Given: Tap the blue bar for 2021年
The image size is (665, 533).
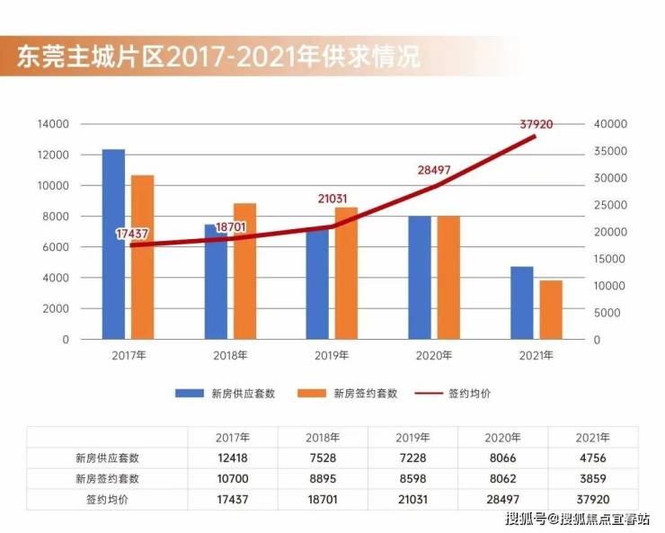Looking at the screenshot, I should tap(521, 303).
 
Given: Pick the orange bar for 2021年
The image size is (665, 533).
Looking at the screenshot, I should tap(551, 310).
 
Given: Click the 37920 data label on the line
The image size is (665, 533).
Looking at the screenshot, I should tap(536, 123).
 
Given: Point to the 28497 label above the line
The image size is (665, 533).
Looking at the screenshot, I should tap(434, 170).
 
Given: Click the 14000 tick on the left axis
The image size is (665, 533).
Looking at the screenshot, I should tap(53, 124).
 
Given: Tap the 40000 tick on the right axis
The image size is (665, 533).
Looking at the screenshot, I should tap(610, 124).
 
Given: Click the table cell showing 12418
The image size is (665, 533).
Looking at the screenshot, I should tap(233, 457).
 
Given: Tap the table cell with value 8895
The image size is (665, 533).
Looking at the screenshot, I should tap(323, 478).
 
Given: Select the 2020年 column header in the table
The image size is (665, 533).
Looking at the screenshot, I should tap(502, 437).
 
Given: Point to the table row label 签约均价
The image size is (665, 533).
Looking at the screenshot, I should tap(107, 499).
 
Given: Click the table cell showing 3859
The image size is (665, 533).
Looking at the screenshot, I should tap(593, 478).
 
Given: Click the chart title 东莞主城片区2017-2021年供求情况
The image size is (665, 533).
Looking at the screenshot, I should tap(218, 57).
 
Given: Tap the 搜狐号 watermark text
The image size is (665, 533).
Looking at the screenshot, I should tap(527, 519).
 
